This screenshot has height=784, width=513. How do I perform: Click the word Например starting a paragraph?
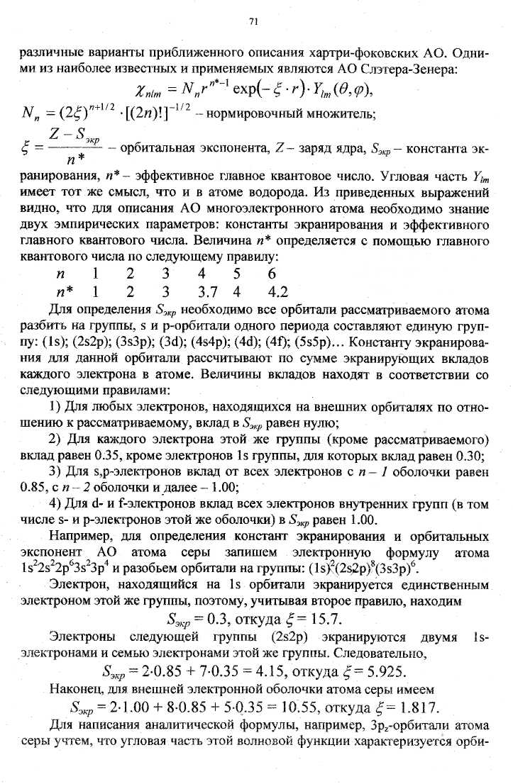pos(77,533)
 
